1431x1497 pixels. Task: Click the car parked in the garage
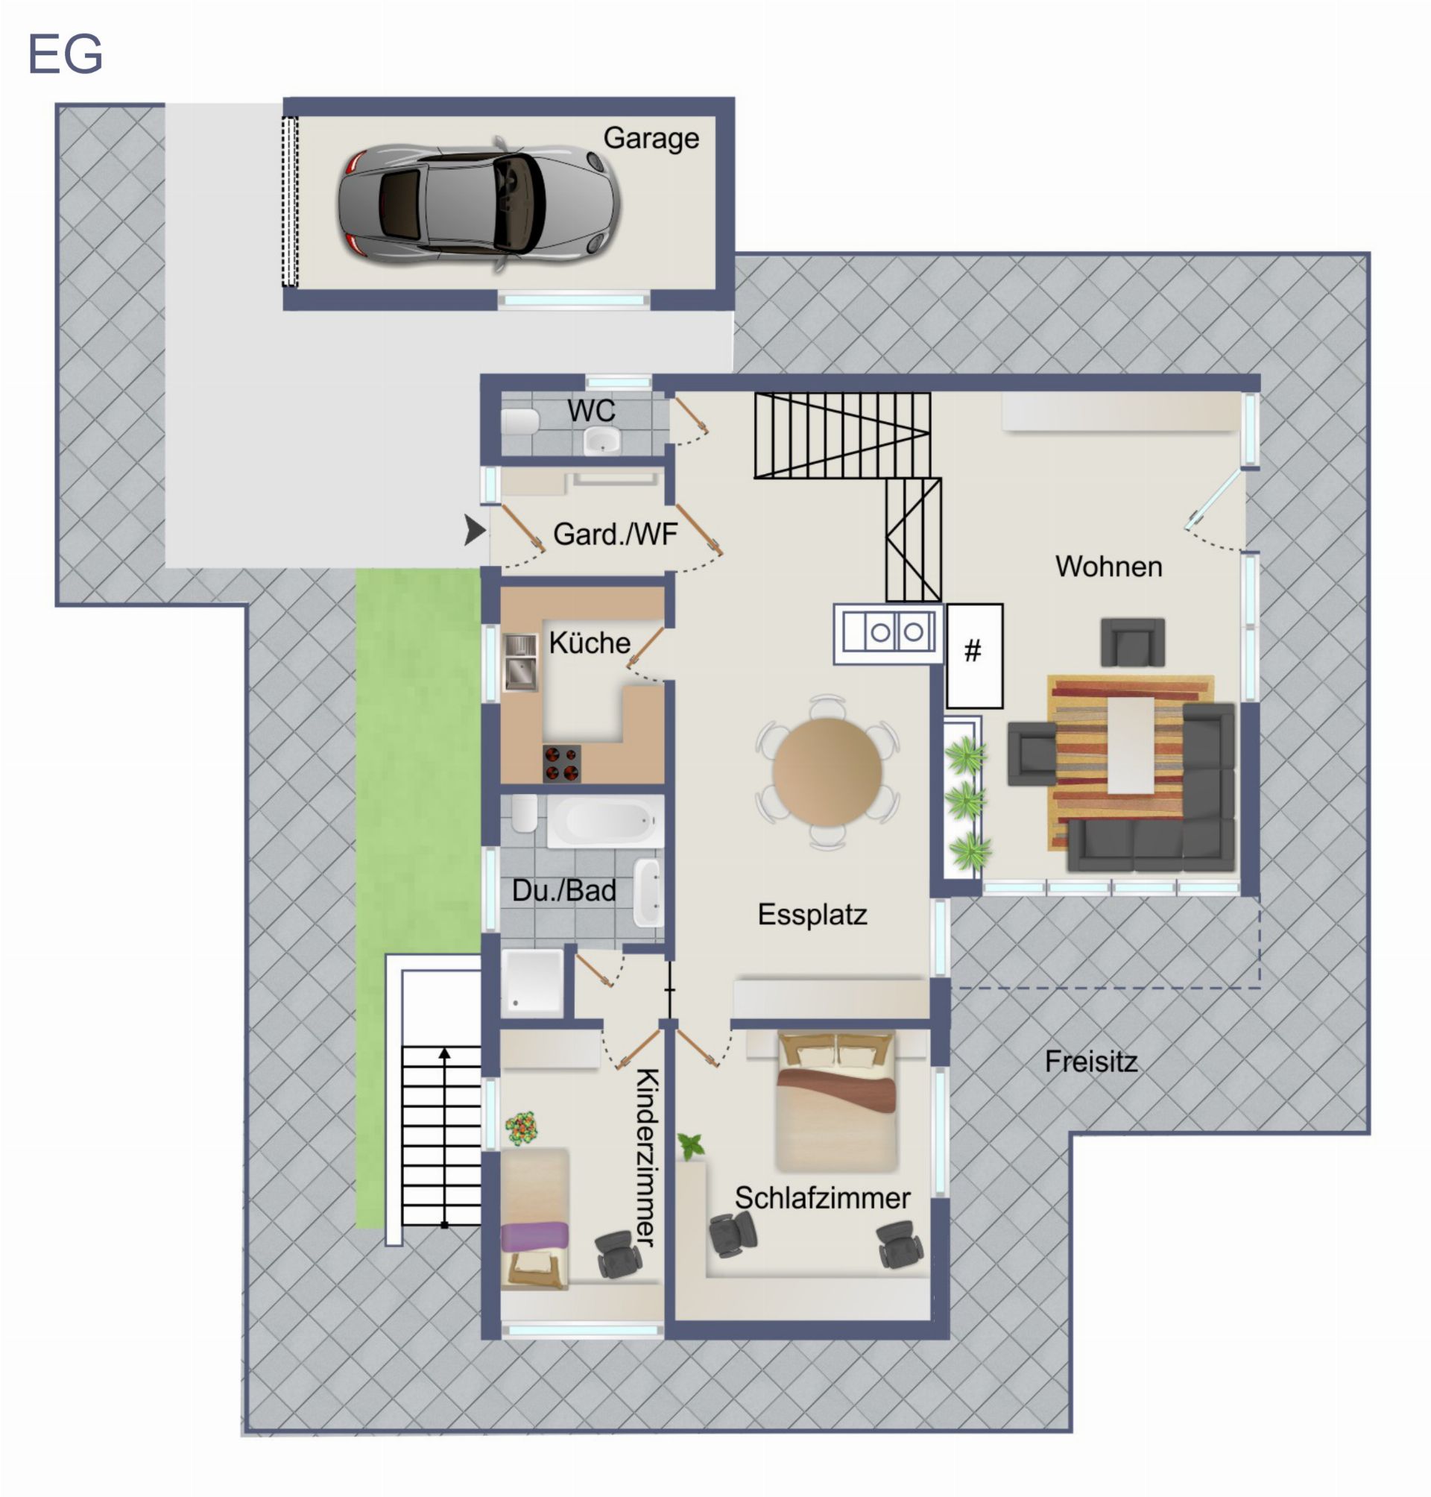point(479,204)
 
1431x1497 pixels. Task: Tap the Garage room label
point(651,139)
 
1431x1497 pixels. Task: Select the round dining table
point(827,772)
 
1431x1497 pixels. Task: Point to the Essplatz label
point(812,914)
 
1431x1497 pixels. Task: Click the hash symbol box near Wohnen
point(974,655)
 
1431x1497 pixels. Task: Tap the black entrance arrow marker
point(476,529)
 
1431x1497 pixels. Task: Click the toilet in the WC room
point(520,420)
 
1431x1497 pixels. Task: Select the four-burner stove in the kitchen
point(562,763)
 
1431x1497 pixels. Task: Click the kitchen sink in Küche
point(520,662)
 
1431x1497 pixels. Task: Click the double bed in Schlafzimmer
point(836,1101)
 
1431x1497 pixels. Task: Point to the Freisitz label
point(1091,1062)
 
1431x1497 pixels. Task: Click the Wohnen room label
point(1109,567)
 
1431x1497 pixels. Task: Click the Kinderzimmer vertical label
point(646,1158)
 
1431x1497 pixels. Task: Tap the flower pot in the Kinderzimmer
point(521,1128)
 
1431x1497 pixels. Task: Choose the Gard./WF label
point(615,534)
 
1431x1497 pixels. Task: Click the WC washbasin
point(602,441)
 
